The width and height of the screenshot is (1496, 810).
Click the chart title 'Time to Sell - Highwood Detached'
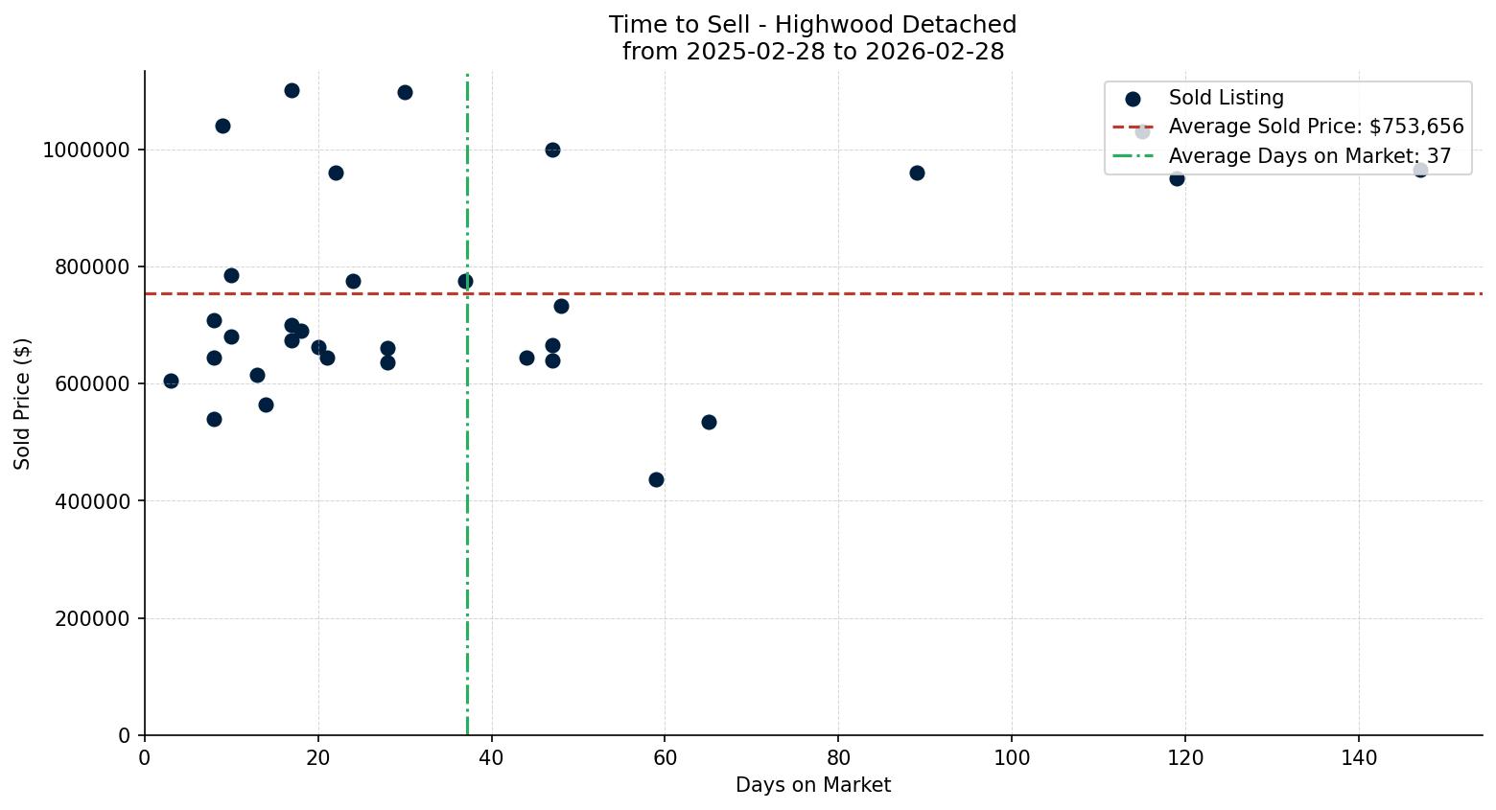tap(812, 25)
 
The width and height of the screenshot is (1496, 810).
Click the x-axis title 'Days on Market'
tap(812, 785)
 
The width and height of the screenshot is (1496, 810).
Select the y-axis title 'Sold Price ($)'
tap(23, 404)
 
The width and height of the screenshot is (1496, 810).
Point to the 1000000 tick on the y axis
tap(86, 150)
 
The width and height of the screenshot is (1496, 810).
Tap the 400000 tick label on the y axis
tap(92, 501)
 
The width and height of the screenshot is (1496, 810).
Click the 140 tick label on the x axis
tap(1358, 758)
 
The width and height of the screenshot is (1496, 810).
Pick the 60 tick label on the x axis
tap(665, 758)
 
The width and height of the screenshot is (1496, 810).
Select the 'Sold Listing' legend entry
tap(1225, 98)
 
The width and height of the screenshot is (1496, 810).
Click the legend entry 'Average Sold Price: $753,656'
tap(1315, 127)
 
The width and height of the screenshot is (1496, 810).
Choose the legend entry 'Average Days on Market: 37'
tap(1309, 156)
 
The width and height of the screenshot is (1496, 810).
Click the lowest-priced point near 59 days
tap(656, 479)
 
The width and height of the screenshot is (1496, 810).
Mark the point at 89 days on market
tap(917, 173)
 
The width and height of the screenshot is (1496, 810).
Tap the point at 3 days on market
tap(171, 381)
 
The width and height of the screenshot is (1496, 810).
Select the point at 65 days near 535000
tap(709, 422)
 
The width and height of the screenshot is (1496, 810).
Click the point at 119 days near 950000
tap(1177, 178)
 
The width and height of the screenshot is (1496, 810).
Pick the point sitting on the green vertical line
tap(465, 281)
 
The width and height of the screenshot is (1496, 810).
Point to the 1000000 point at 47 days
tap(552, 150)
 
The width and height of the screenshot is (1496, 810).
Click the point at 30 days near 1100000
tap(405, 92)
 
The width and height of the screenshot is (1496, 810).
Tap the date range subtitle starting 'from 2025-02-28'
tap(812, 52)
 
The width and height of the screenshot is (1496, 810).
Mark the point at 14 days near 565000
tap(266, 405)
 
